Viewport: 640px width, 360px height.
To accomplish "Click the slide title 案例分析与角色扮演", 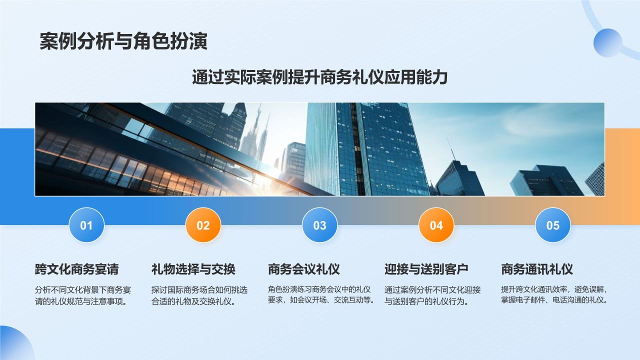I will [123, 41].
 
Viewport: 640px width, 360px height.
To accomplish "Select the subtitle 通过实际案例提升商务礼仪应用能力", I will [319, 77].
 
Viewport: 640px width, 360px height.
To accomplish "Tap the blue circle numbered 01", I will [86, 225].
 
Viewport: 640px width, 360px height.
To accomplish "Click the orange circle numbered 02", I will [203, 225].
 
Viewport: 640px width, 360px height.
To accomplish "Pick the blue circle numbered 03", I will [319, 225].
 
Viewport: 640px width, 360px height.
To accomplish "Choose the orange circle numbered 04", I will [436, 225].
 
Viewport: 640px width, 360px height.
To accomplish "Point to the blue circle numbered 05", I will [552, 225].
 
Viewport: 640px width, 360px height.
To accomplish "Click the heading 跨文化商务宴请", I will [76, 269].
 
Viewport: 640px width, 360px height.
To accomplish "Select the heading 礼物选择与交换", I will [193, 269].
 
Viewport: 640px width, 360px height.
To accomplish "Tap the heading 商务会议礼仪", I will [303, 269].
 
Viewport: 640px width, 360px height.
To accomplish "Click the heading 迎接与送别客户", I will [426, 269].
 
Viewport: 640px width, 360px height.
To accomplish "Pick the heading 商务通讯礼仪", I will [536, 269].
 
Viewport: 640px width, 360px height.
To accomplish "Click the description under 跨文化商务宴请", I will [83, 295].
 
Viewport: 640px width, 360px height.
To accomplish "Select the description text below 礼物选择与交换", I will [199, 295].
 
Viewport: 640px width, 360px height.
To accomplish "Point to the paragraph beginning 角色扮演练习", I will [321, 294].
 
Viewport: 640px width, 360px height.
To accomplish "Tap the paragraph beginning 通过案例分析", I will [432, 295].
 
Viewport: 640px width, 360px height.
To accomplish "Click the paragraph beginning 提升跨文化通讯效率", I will [554, 294].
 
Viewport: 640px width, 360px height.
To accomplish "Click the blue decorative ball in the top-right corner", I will [607, 42].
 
